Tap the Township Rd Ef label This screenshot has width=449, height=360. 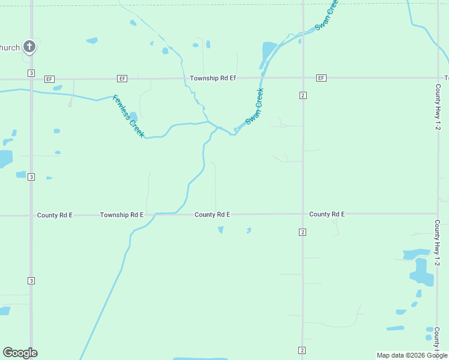213,79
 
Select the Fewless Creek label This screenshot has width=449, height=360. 128,116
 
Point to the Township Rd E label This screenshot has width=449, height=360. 122,215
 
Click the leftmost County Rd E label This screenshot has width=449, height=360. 55,215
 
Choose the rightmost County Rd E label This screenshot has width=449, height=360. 327,214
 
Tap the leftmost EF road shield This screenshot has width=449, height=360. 49,79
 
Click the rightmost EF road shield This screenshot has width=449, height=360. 321,79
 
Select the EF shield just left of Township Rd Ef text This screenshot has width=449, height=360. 122,79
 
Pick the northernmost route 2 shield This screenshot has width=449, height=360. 303,95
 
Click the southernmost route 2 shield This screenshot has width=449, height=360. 301,350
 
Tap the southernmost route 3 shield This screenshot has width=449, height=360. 31,281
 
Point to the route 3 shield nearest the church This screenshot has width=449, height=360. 31,73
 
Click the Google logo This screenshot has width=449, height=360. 20,353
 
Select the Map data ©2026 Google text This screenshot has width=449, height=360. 412,355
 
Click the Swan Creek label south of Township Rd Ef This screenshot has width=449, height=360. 255,106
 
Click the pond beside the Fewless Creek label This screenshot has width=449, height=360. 134,116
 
